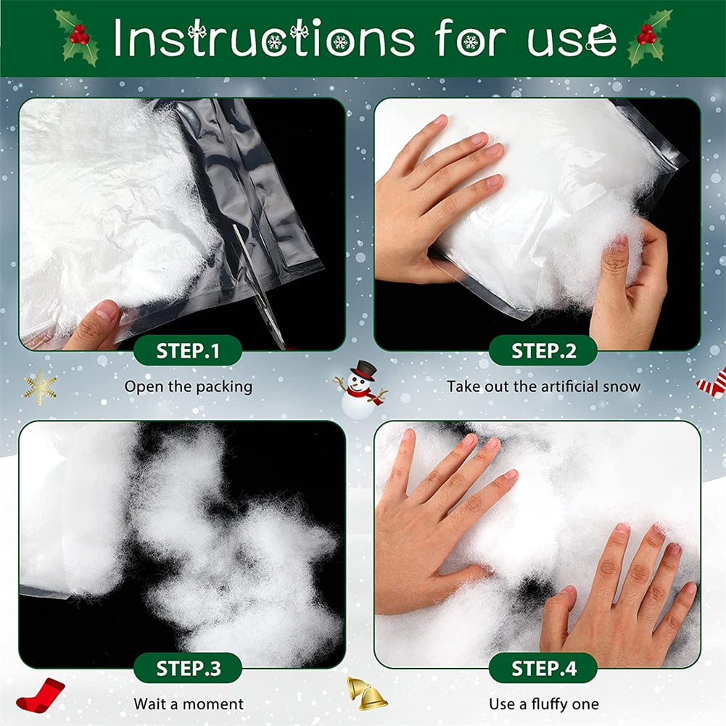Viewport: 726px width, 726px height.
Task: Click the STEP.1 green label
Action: [188, 350]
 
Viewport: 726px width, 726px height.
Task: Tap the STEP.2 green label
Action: [543, 350]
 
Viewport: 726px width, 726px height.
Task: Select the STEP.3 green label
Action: [188, 668]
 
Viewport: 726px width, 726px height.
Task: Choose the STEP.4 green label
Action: [543, 668]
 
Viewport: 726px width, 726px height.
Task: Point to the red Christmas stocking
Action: [41, 695]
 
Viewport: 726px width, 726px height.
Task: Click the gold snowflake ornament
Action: [41, 387]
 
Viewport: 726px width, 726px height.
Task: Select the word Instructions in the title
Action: [264, 38]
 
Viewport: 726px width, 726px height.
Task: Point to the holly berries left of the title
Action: [79, 36]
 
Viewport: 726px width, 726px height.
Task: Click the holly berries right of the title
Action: [646, 35]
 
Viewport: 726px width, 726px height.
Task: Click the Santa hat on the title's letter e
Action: [600, 33]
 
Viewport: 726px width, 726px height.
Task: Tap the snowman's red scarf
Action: [366, 394]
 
